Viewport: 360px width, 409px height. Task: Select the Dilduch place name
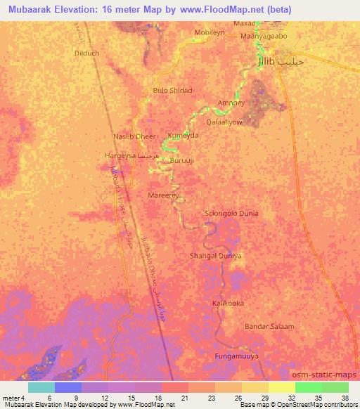click(87, 52)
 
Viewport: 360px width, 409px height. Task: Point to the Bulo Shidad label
click(172, 90)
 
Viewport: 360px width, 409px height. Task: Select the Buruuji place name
click(182, 160)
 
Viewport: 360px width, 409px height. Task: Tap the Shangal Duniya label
click(216, 256)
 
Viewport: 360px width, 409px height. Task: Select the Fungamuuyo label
click(236, 357)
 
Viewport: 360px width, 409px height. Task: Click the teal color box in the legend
click(41, 387)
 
